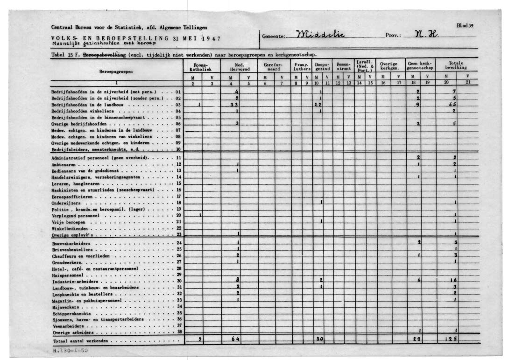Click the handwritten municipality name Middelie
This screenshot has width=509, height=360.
pos(323,36)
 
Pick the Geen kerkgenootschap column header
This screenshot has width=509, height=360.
pos(420,66)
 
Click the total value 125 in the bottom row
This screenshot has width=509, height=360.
pos(450,339)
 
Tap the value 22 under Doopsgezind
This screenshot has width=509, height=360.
pos(318,105)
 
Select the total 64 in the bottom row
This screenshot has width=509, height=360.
pos(236,339)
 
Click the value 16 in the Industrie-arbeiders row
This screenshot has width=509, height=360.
pos(452,280)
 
